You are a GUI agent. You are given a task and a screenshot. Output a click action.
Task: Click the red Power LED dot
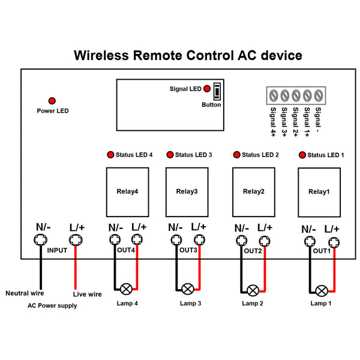pyautogui.click(x=52, y=101)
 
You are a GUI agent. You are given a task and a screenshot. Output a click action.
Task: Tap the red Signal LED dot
pyautogui.click(x=207, y=89)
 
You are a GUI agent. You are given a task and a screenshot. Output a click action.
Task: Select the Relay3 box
pyautogui.click(x=187, y=192)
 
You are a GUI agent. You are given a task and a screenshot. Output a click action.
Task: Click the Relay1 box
pyautogui.click(x=319, y=192)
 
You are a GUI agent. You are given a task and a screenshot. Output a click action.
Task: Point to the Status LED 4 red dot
pyautogui.click(x=110, y=155)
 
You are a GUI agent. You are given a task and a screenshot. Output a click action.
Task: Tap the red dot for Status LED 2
pyautogui.click(x=237, y=155)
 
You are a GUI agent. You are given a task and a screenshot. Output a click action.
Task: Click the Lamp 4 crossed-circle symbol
pyautogui.click(x=126, y=289)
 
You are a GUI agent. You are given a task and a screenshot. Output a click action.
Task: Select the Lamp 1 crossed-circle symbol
pyautogui.click(x=322, y=291)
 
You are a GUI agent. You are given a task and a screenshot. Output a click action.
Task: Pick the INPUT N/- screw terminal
pyautogui.click(x=40, y=240)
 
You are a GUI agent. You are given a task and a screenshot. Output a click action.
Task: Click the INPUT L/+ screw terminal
pyautogui.click(x=76, y=240)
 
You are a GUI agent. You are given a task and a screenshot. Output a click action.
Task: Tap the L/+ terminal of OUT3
pyautogui.click(x=199, y=240)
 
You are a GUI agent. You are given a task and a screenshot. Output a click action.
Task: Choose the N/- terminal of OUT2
pyautogui.click(x=242, y=241)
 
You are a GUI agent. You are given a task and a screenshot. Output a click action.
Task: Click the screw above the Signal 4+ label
pyautogui.click(x=274, y=95)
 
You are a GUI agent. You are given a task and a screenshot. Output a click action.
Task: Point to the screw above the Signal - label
pyautogui.click(x=319, y=95)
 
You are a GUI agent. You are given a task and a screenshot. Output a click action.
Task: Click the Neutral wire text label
pyautogui.click(x=25, y=293)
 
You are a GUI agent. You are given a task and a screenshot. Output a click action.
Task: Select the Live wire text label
pyautogui.click(x=87, y=294)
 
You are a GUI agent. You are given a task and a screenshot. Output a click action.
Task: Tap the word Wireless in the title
pyautogui.click(x=101, y=55)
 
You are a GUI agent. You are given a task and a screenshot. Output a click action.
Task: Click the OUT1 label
pyautogui.click(x=322, y=251)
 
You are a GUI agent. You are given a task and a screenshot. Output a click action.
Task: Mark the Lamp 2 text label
pyautogui.click(x=253, y=303)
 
